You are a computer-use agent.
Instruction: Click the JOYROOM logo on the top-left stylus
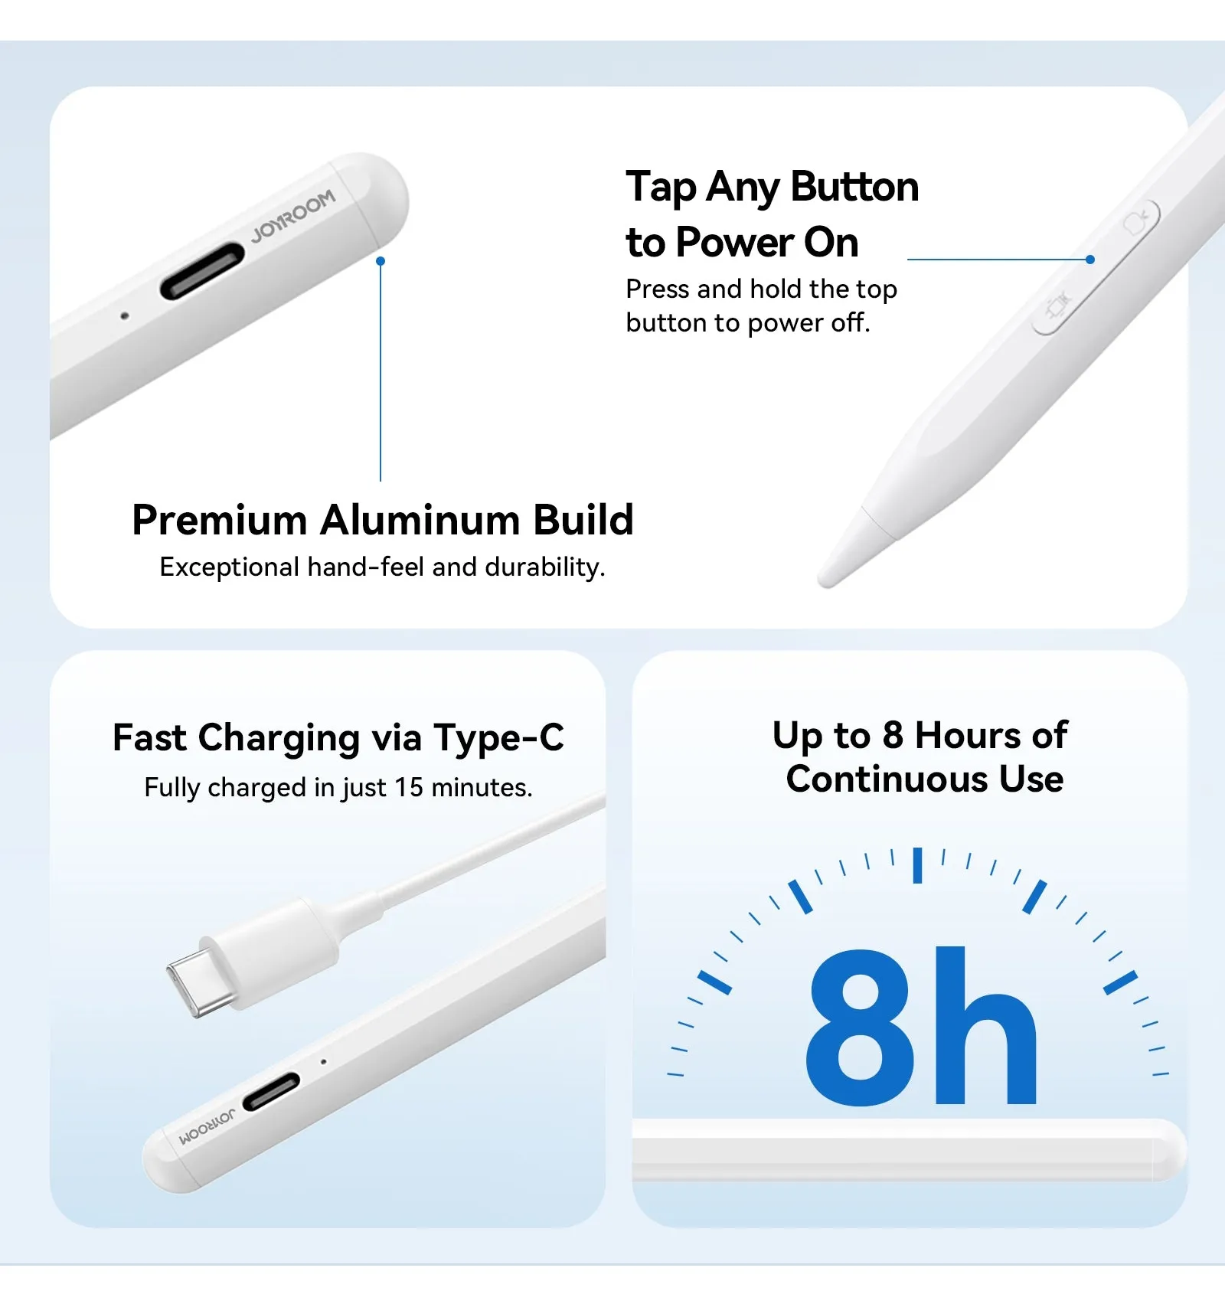[x=293, y=215]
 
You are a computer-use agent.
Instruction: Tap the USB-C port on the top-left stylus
[x=202, y=270]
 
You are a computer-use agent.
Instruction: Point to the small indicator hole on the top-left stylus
[x=125, y=315]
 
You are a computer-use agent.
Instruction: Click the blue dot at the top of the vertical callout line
[x=381, y=261]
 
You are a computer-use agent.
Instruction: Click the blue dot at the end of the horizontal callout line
[x=1090, y=260]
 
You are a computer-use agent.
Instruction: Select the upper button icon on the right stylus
[x=1137, y=222]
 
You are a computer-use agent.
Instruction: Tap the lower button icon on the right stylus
[x=1057, y=308]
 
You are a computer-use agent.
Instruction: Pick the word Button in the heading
[x=854, y=187]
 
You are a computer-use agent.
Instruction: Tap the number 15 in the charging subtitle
[x=409, y=787]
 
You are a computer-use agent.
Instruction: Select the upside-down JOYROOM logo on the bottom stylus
[x=207, y=1127]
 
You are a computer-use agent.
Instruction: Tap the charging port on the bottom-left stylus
[x=271, y=1091]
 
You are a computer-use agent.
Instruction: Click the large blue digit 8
[x=861, y=1026]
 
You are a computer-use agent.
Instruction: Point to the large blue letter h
[x=986, y=1025]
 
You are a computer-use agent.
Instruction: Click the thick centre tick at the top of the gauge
[x=917, y=865]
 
